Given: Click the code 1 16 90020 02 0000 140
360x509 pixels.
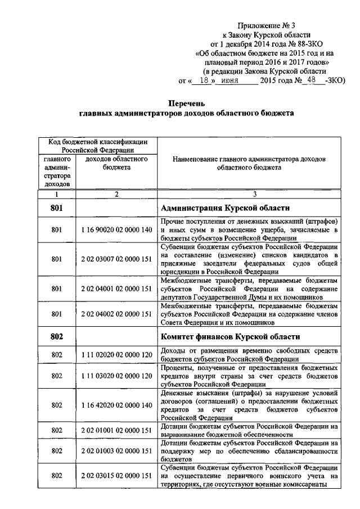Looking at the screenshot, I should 116,229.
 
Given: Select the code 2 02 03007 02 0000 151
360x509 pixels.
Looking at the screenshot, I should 116,259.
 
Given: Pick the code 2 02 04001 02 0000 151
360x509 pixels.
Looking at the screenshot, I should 116,289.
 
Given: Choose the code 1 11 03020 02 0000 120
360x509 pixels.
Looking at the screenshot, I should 116,375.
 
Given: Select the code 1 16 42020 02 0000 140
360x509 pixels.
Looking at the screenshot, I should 116,404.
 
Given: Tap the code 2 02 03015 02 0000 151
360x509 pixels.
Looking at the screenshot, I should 116,476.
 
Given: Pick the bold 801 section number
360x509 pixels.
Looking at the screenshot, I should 56,208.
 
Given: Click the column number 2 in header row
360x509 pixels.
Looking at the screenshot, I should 116,194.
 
